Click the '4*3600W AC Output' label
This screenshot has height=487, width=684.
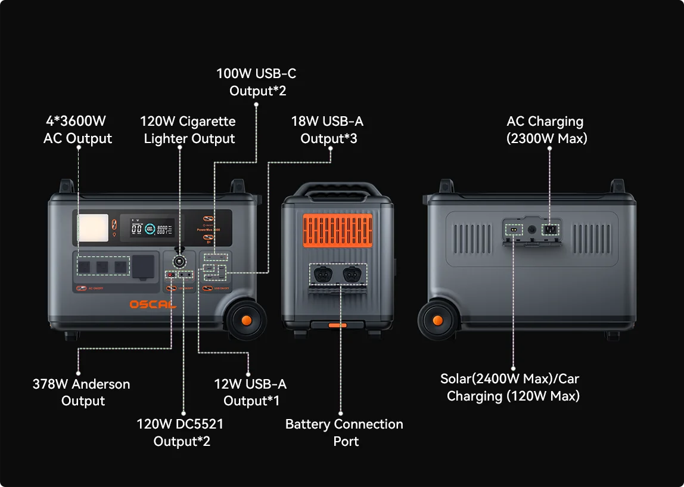pos(77,130)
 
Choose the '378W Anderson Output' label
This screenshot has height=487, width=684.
pos(82,392)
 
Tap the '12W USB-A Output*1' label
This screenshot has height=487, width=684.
pos(251,392)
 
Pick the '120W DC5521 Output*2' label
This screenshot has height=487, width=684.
pos(181,433)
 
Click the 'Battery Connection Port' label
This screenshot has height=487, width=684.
pos(344,433)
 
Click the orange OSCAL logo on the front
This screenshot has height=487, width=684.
pos(153,305)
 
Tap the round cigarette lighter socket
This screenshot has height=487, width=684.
pos(179,261)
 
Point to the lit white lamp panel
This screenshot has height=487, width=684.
pos(92,227)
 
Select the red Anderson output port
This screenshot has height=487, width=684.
pos(171,275)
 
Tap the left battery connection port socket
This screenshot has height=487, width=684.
pos(322,274)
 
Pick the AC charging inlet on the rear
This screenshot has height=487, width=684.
pos(550,229)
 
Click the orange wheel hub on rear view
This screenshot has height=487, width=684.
pos(438,320)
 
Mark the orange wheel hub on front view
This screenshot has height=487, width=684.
pos(245,320)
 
